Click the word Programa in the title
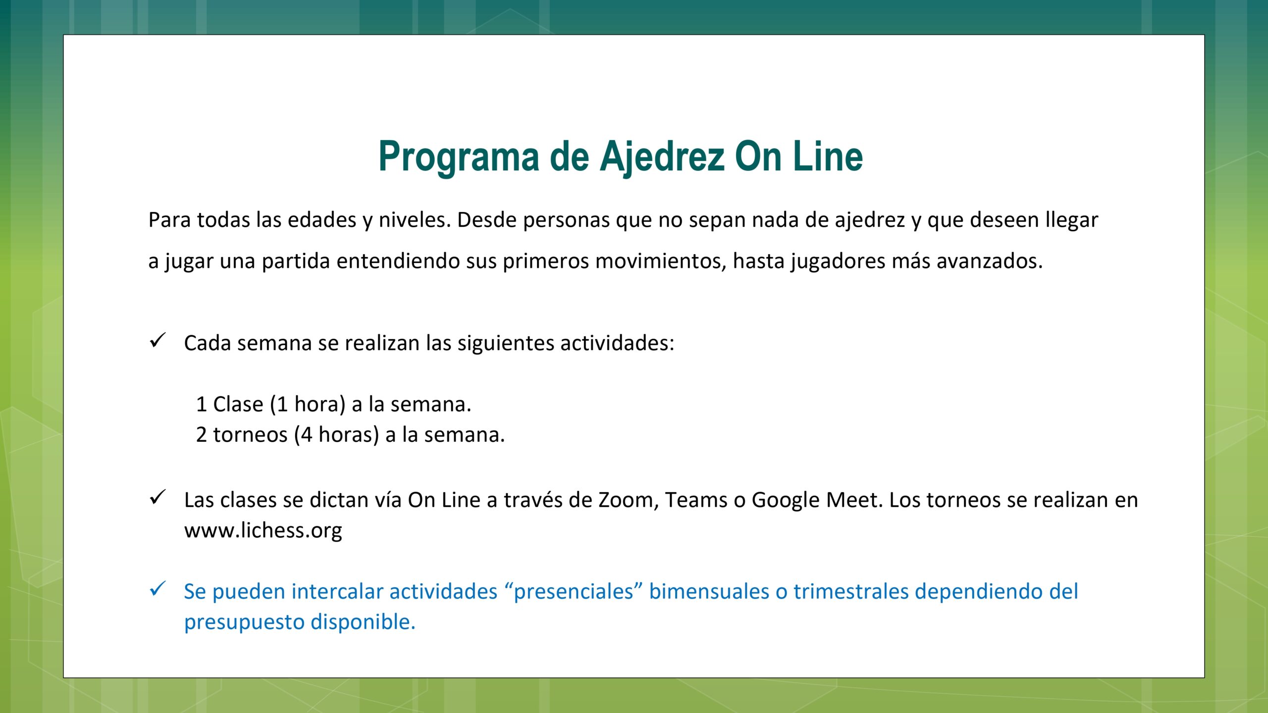[x=459, y=157]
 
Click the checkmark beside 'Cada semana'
[x=158, y=340]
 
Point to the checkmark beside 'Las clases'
[x=158, y=497]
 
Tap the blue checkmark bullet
[x=158, y=589]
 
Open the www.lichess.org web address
[x=263, y=531]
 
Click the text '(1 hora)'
[x=308, y=405]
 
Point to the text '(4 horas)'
[x=336, y=435]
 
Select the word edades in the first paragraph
[x=322, y=220]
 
